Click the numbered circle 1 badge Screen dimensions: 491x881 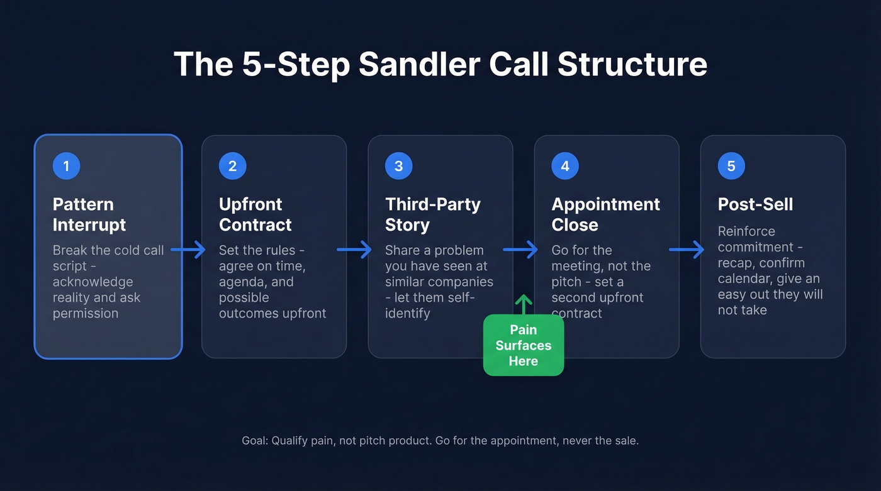[x=67, y=166]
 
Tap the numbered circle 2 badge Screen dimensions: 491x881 [x=233, y=166]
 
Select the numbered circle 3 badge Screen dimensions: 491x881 [x=399, y=166]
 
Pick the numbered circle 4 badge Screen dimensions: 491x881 [x=565, y=166]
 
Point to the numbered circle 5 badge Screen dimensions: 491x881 [x=731, y=166]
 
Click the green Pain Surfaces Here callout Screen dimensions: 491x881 [x=524, y=345]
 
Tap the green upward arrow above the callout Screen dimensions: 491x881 [x=524, y=304]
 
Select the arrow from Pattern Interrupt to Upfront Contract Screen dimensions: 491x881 [x=188, y=250]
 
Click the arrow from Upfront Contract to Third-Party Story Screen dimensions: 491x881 [x=354, y=250]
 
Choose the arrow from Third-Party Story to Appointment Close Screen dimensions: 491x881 [x=520, y=250]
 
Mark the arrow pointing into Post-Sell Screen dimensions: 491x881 [x=687, y=250]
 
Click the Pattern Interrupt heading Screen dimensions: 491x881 [x=89, y=214]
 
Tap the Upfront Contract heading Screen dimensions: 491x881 [x=255, y=214]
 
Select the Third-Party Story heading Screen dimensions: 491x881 [x=433, y=214]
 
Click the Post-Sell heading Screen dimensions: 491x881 [x=755, y=204]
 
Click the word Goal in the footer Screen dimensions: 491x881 [x=255, y=441]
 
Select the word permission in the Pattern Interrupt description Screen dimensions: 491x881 [x=86, y=313]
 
